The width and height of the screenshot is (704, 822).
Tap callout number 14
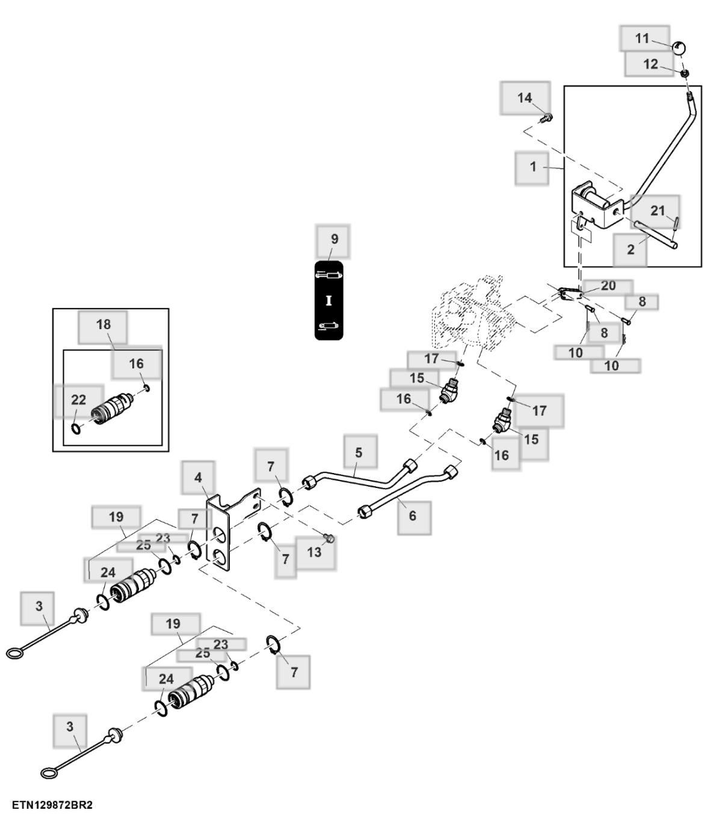pyautogui.click(x=525, y=97)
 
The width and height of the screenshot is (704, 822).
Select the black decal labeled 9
pyautogui.click(x=329, y=300)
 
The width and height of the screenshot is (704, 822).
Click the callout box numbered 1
pyautogui.click(x=533, y=167)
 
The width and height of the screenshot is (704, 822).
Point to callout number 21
pyautogui.click(x=657, y=211)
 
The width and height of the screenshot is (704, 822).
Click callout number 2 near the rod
pyautogui.click(x=630, y=249)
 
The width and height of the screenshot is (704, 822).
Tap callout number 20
pyautogui.click(x=608, y=286)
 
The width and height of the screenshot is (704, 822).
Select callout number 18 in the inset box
pyautogui.click(x=103, y=324)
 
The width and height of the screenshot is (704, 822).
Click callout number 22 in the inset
pyautogui.click(x=79, y=400)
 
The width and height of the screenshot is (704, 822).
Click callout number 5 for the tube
pyautogui.click(x=359, y=453)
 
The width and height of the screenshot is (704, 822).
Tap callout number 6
pyautogui.click(x=413, y=516)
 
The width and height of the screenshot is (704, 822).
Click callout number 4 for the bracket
pyautogui.click(x=198, y=478)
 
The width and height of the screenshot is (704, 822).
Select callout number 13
pyautogui.click(x=314, y=552)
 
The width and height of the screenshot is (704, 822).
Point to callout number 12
pyautogui.click(x=650, y=64)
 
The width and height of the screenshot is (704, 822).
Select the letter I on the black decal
pyautogui.click(x=329, y=300)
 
